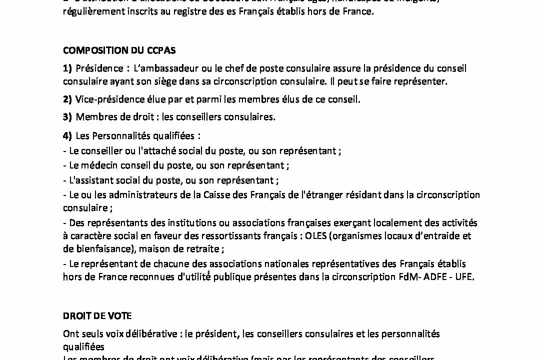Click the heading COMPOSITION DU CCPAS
point(119,50)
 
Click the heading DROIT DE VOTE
point(97,315)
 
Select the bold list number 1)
point(67,68)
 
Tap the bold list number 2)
point(67,99)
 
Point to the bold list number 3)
point(67,117)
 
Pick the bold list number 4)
point(67,135)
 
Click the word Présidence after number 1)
point(97,68)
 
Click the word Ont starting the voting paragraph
point(70,333)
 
